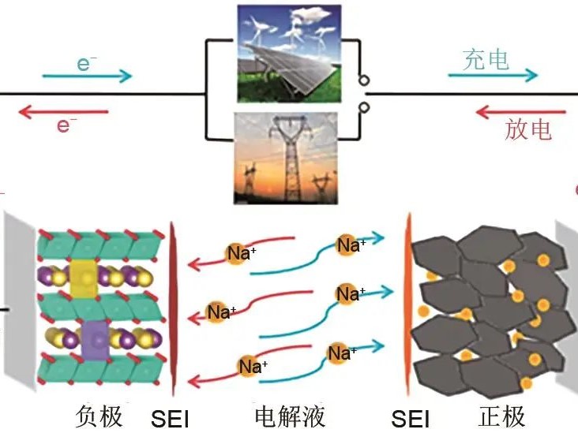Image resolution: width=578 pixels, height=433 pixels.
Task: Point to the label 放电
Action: [527, 129]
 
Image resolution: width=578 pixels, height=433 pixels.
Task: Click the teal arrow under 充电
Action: [493, 77]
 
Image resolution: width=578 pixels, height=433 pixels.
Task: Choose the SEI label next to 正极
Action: [411, 416]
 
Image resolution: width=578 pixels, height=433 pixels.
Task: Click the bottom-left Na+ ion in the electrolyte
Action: [252, 367]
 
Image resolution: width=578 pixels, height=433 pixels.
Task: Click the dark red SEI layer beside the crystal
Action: [173, 308]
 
